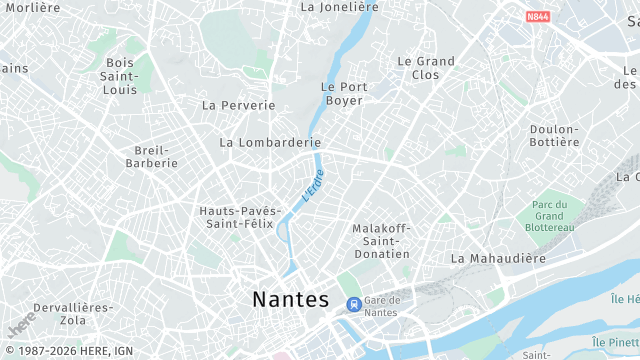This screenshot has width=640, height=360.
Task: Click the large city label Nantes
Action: tap(290, 299)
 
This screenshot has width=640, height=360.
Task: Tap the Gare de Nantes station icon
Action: tap(352, 304)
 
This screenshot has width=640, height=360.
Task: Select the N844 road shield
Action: tap(538, 17)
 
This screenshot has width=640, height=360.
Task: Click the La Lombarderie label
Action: tap(270, 142)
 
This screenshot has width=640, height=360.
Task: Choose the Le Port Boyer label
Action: tap(343, 94)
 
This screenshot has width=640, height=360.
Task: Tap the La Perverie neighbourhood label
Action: tap(238, 105)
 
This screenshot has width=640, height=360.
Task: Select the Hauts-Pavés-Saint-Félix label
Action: tap(236, 217)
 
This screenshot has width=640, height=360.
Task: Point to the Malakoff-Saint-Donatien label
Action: tap(381, 241)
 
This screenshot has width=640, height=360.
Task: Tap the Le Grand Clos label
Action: tap(425, 68)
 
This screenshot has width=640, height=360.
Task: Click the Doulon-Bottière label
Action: tap(555, 136)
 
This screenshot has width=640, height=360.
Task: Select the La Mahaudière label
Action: tap(498, 258)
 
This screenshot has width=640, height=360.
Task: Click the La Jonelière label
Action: tap(340, 7)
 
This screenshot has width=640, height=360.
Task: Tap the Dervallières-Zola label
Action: tap(73, 314)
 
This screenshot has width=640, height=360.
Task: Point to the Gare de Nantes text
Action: tap(382, 306)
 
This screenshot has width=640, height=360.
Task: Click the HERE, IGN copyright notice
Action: tap(67, 351)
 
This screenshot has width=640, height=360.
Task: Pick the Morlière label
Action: tap(32, 7)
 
